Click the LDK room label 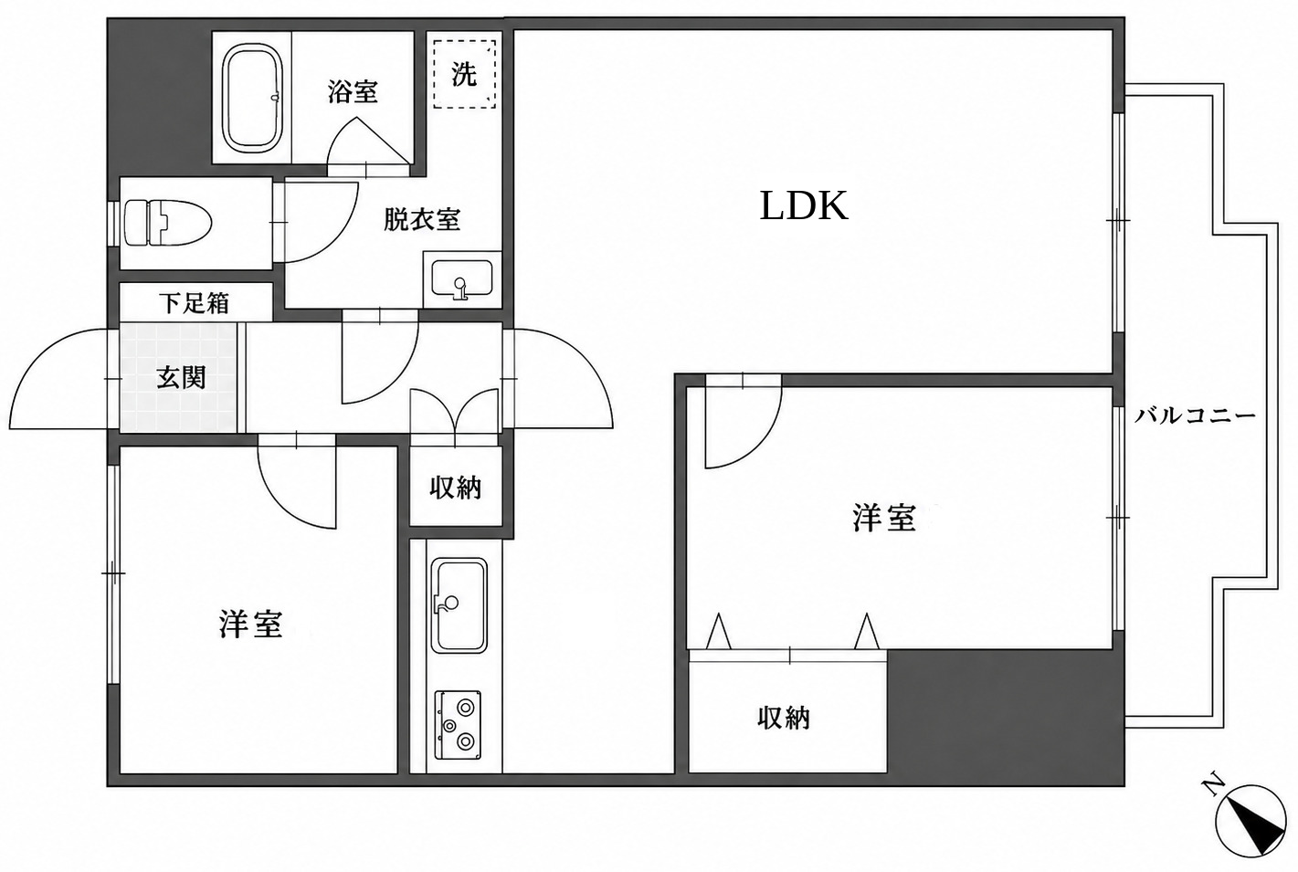804,206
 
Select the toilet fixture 167,224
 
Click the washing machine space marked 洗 464,73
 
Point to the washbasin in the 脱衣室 462,279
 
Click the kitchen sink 459,606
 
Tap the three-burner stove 458,724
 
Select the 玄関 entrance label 181,378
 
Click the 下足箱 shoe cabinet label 195,303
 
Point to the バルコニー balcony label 1195,416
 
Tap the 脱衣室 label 422,219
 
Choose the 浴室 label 353,91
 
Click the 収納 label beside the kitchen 455,488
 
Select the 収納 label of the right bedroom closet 784,719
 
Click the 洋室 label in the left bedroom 251,625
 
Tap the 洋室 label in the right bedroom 884,518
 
